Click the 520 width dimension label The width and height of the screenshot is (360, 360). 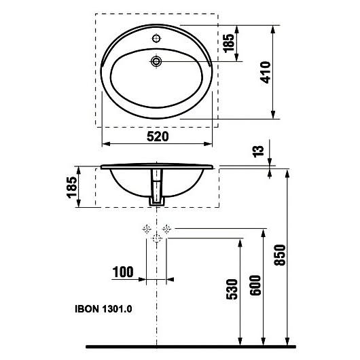pos(158,137)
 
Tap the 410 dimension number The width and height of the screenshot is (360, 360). pos(266,72)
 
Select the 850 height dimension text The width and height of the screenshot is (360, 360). pos(280,255)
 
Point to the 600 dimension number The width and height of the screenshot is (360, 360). pos(255,285)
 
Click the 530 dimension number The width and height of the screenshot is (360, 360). pos(232,289)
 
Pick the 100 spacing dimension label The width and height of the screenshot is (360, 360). pos(123,272)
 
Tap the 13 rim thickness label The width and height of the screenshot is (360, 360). pos(258,151)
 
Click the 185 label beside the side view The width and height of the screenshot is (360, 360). pos(72,187)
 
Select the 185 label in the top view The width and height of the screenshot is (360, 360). pos(229,43)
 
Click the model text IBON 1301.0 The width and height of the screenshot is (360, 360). pos(103,309)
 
